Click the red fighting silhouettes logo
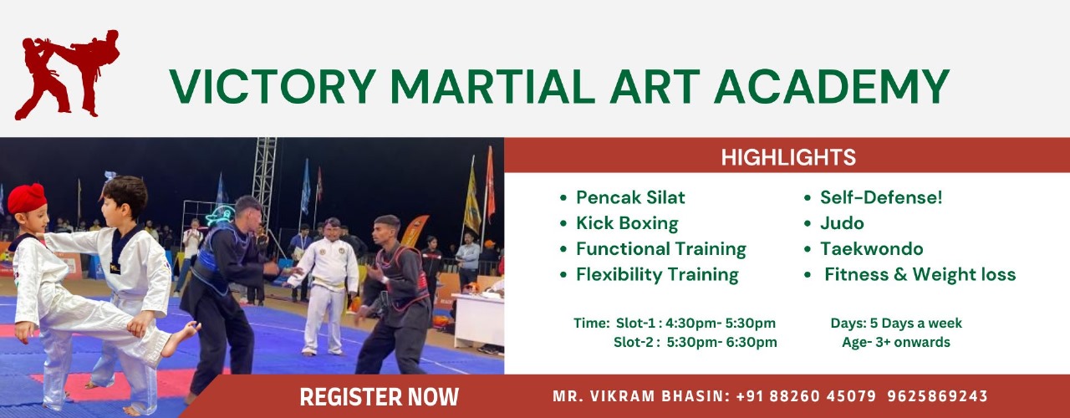pyautogui.click(x=67, y=74)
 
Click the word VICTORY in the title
pyautogui.click(x=273, y=86)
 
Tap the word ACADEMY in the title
pyautogui.click(x=832, y=86)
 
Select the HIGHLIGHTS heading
pyautogui.click(x=788, y=157)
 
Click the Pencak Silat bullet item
pyautogui.click(x=630, y=197)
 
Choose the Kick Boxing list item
pyautogui.click(x=627, y=223)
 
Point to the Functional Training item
pyautogui.click(x=661, y=249)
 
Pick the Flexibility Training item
pyautogui.click(x=657, y=275)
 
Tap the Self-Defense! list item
pyautogui.click(x=881, y=197)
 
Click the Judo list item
pyautogui.click(x=842, y=223)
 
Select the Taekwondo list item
pyautogui.click(x=872, y=249)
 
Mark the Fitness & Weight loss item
pyautogui.click(x=920, y=275)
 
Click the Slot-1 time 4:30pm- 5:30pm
pyautogui.click(x=721, y=324)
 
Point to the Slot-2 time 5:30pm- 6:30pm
pyautogui.click(x=721, y=343)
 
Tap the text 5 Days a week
pyautogui.click(x=915, y=324)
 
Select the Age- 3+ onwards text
pyautogui.click(x=896, y=343)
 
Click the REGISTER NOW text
pyautogui.click(x=379, y=397)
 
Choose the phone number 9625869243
pyautogui.click(x=938, y=396)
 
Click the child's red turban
pyautogui.click(x=27, y=198)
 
